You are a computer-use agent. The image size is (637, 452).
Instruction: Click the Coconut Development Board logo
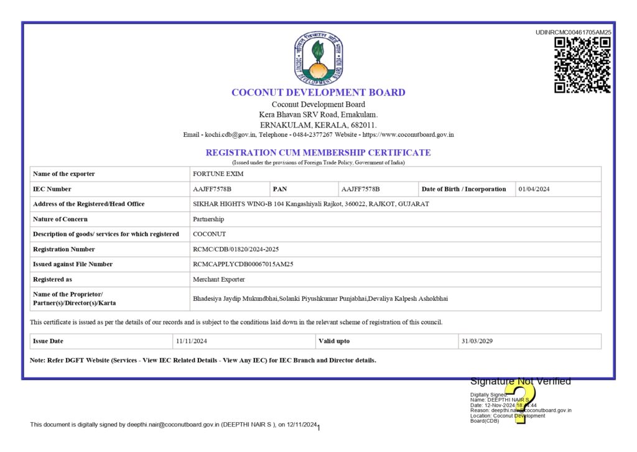318,58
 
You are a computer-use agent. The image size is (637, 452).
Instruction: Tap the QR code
582,65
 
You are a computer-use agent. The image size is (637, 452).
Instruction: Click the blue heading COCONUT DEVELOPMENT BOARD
318,93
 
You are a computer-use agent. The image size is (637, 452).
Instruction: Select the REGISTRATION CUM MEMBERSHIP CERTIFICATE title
318,152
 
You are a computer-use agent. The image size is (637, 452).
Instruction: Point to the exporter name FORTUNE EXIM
213,174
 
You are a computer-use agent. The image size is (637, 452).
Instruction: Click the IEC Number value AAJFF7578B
212,189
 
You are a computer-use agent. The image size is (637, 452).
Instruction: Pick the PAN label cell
280,189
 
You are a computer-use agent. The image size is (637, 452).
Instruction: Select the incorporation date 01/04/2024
534,189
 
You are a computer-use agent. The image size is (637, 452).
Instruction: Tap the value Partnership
208,219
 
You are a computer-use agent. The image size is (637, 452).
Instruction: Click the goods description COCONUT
210,234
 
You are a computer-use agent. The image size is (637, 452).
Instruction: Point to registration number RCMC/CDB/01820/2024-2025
236,249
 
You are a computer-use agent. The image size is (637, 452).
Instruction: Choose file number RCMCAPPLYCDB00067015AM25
243,264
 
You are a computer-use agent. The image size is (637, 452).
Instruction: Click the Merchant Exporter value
219,280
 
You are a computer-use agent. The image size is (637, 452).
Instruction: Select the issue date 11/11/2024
191,341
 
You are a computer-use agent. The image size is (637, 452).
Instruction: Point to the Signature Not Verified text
520,382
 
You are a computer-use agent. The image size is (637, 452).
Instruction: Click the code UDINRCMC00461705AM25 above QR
573,32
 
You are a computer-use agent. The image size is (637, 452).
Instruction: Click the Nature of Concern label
60,219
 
